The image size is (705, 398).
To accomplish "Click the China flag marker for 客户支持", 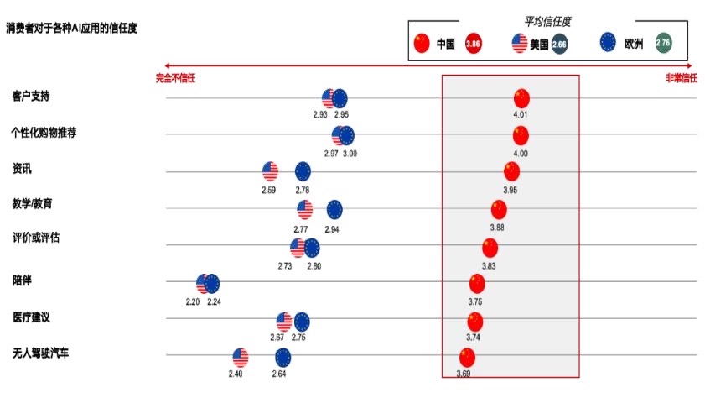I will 521,98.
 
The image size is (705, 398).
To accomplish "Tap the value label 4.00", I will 521,154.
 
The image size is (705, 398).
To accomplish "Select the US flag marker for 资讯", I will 270,172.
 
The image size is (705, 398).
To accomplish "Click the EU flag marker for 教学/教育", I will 334,210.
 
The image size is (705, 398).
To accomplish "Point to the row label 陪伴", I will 23,279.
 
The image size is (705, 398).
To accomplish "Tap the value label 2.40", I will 236,374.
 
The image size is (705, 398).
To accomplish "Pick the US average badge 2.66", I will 560,44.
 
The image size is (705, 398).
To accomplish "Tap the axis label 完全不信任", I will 175,78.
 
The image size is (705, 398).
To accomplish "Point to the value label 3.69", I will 464,374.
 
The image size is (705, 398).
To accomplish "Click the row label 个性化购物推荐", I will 44,133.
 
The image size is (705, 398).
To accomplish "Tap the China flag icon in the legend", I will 422,43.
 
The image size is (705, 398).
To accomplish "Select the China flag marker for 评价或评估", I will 490,248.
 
